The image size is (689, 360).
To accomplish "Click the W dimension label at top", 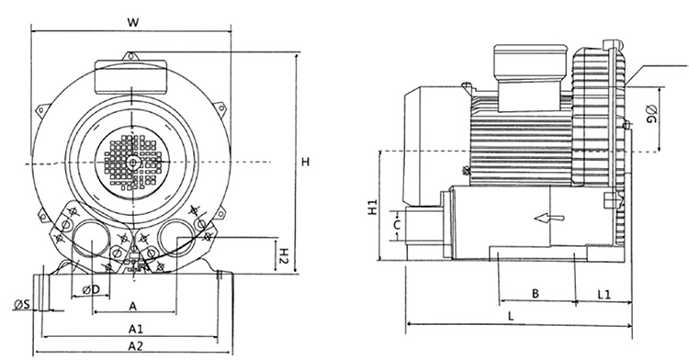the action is [132, 22].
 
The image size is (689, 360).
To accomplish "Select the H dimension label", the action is [306, 162].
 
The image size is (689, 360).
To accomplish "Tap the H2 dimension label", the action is [284, 255].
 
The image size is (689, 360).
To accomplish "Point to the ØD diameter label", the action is [91, 289].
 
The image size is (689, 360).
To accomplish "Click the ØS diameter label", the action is [21, 303].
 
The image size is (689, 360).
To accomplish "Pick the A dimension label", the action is [132, 306].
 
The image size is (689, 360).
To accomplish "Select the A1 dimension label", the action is [135, 329].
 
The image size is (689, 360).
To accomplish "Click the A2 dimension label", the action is [135, 346].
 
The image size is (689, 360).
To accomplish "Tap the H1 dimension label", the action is [373, 208].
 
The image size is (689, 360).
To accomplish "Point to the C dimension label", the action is [397, 226].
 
